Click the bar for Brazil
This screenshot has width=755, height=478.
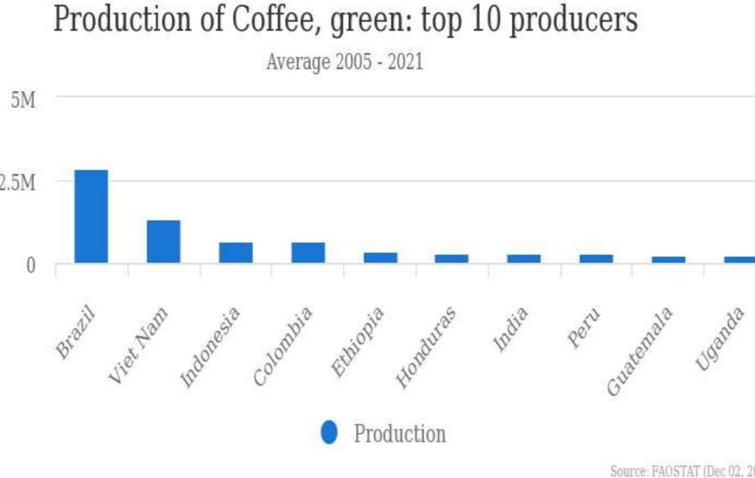click(x=91, y=216)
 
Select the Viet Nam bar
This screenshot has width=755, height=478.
click(x=163, y=241)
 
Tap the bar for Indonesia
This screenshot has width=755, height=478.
click(x=236, y=252)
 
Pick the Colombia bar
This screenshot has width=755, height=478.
click(x=308, y=252)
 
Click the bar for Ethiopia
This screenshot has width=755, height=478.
click(x=380, y=257)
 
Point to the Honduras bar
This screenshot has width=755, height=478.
click(x=452, y=258)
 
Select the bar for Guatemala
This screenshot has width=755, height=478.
click(x=668, y=260)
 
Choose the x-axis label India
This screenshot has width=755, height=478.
click(x=512, y=329)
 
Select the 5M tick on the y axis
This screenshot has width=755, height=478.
click(x=23, y=99)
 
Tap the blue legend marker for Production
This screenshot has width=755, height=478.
click(x=329, y=433)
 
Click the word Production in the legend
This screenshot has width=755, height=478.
click(x=400, y=434)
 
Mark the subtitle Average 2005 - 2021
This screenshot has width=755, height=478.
click(x=345, y=62)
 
